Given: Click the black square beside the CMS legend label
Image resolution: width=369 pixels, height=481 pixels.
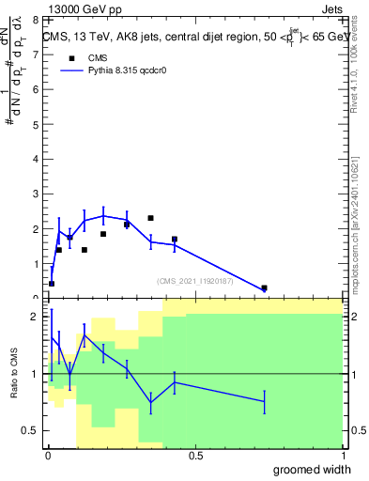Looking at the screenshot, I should point(71,58).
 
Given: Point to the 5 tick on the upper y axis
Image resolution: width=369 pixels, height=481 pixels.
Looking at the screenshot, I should point(36,124).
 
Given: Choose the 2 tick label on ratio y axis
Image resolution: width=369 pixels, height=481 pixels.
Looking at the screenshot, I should point(36,317).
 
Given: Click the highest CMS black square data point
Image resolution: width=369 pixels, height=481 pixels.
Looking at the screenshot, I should point(150,218).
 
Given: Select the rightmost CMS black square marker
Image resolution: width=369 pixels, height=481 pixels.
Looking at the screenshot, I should point(264,288).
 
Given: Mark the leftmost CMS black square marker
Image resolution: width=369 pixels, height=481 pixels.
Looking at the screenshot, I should point(52,283).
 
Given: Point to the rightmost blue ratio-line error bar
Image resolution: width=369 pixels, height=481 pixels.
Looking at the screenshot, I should point(264,401).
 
